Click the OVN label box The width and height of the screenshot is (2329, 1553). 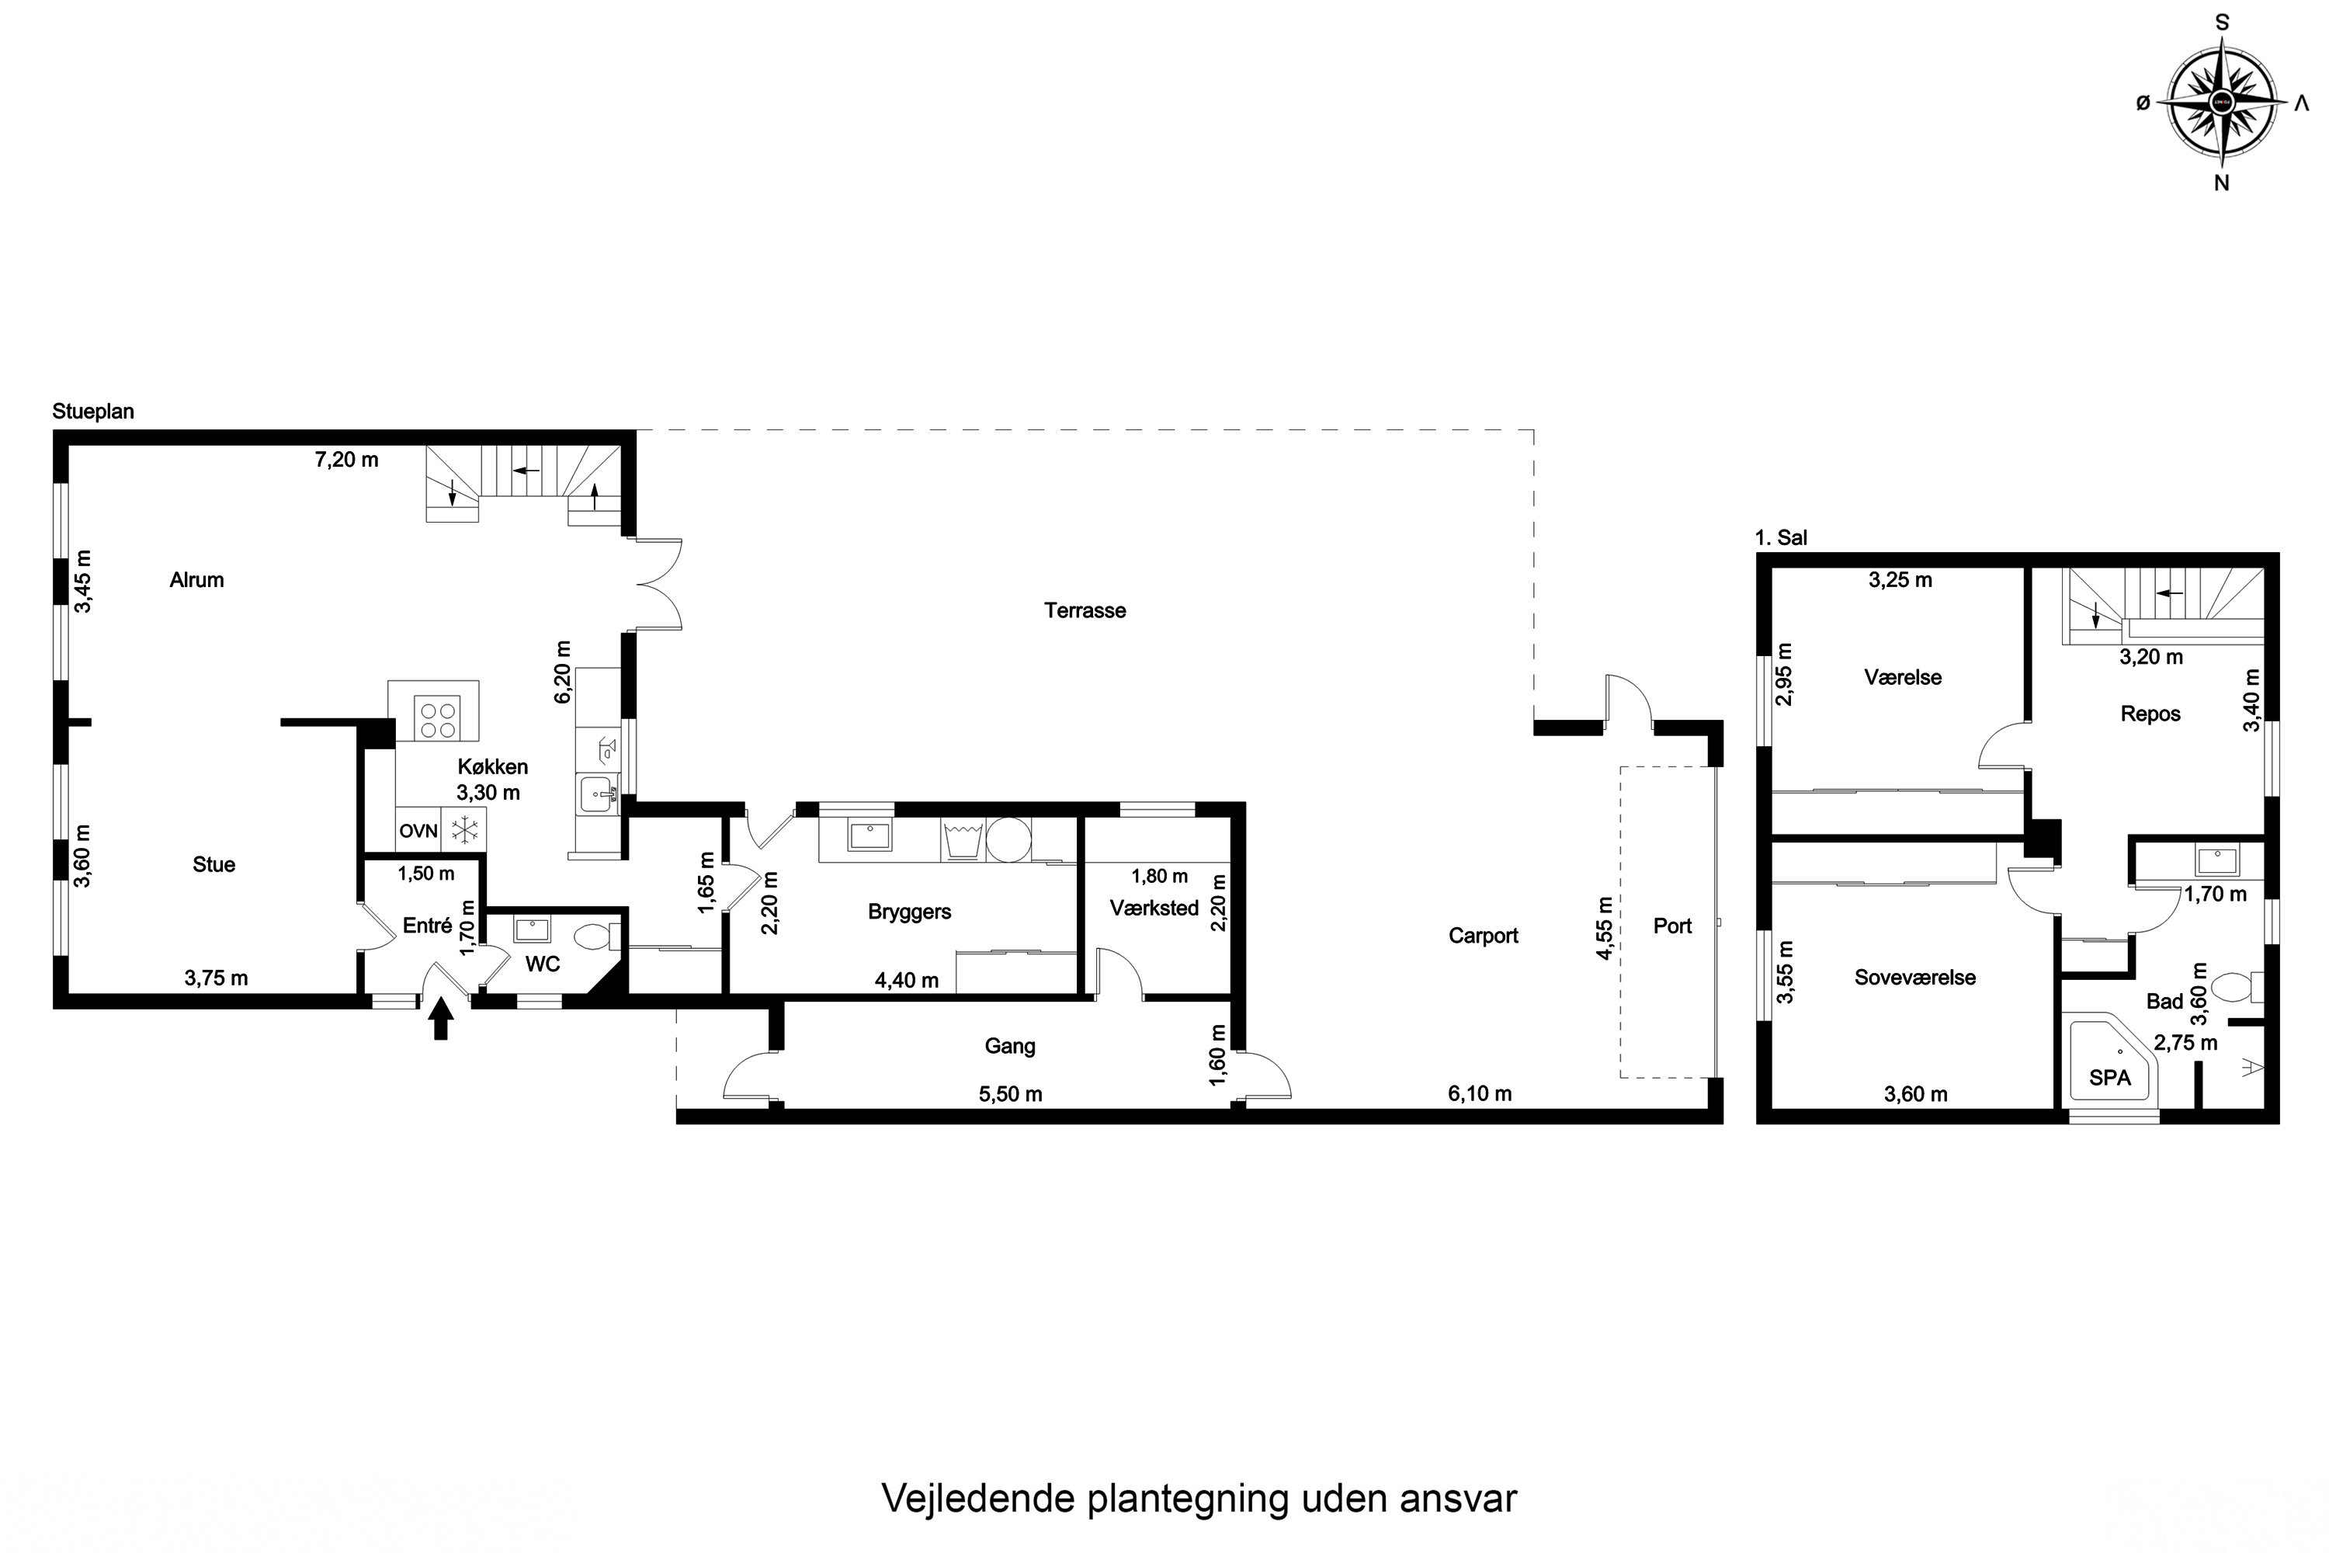coord(418,831)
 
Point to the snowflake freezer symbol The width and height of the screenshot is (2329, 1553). coord(464,831)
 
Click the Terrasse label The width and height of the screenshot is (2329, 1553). coord(1085,610)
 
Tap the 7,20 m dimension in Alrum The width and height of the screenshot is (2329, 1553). coord(346,460)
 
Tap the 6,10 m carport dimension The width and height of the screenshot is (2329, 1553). coord(1480,1093)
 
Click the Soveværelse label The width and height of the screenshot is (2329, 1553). coord(1915,978)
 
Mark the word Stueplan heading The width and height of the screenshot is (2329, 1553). coord(93,411)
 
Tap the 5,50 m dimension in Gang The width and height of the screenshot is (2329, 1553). coord(1010,1094)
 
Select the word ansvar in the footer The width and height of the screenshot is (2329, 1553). coord(1458,1499)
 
